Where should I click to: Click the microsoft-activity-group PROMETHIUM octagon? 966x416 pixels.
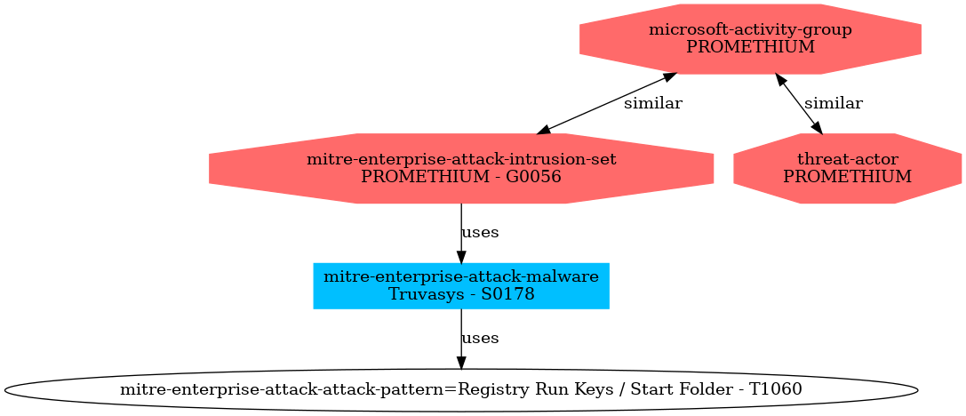coord(750,38)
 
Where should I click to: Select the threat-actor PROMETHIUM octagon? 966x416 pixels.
coord(847,168)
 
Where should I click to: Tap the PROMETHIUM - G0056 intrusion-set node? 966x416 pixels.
coord(460,168)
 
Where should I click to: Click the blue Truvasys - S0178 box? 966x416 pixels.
coord(460,285)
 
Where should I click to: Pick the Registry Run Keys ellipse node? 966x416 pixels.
coord(460,389)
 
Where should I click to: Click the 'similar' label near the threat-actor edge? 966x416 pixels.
coord(833,104)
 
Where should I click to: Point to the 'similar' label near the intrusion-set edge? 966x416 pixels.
coord(652,104)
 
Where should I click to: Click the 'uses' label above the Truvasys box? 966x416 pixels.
coord(480,233)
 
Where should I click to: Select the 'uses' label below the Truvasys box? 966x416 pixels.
coord(480,339)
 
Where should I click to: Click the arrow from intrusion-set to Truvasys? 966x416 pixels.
coord(460,233)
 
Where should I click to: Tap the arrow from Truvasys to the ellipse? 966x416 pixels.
coord(460,339)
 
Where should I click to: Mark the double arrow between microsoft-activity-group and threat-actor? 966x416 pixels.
coord(800,104)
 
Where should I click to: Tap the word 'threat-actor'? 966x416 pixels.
coord(847,159)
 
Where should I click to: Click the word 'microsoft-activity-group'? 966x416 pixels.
coord(750,29)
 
